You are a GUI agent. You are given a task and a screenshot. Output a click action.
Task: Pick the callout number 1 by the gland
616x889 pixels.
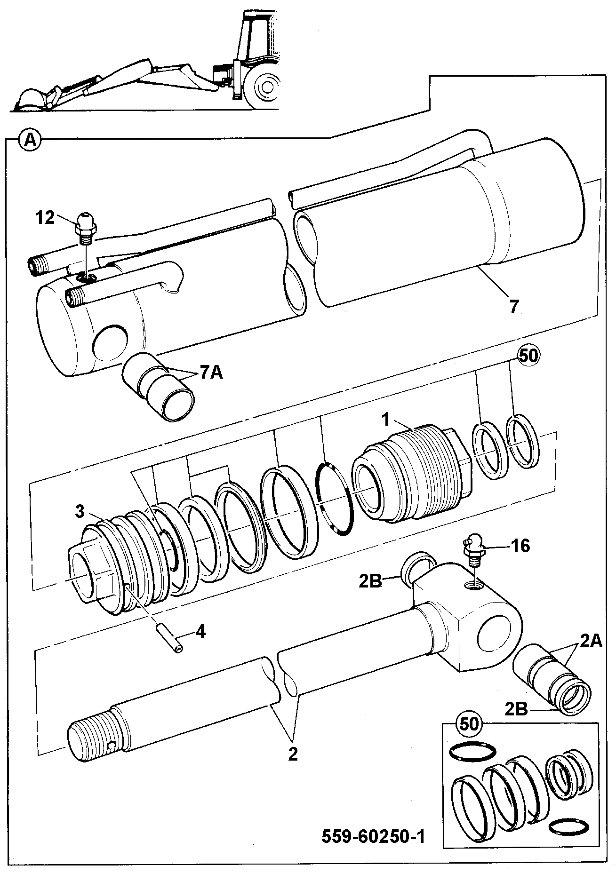tap(386, 420)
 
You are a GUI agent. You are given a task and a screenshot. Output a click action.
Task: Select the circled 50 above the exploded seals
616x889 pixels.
tap(528, 356)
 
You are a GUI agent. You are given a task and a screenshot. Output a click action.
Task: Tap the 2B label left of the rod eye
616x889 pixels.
tap(369, 582)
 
